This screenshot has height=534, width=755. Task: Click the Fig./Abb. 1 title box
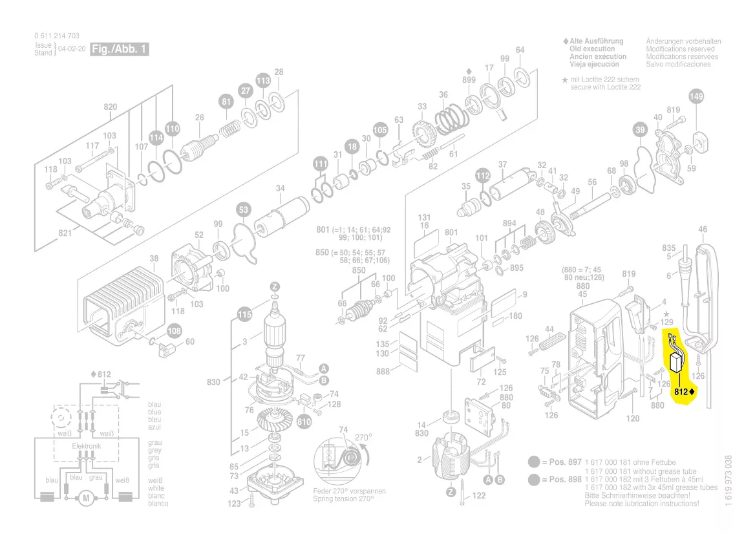(x=120, y=49)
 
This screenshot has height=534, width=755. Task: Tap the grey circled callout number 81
(x=226, y=101)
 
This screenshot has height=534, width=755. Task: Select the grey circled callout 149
(x=696, y=98)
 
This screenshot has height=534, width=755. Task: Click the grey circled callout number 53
(x=243, y=209)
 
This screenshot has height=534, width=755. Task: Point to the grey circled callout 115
(x=244, y=315)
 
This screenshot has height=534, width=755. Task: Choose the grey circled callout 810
(x=304, y=422)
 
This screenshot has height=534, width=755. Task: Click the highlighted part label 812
(x=680, y=392)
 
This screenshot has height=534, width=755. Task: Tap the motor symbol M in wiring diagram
(x=84, y=498)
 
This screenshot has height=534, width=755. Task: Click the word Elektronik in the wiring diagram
(x=86, y=447)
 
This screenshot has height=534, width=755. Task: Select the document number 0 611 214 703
(x=57, y=36)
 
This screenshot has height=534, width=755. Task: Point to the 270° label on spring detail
(x=364, y=438)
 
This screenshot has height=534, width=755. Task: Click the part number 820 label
(x=111, y=107)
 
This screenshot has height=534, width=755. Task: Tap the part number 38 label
(x=154, y=259)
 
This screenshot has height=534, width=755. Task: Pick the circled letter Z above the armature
(x=275, y=287)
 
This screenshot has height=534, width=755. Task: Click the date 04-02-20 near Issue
(x=71, y=49)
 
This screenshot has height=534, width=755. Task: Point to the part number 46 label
(x=703, y=229)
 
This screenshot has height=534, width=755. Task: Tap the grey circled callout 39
(x=639, y=130)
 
